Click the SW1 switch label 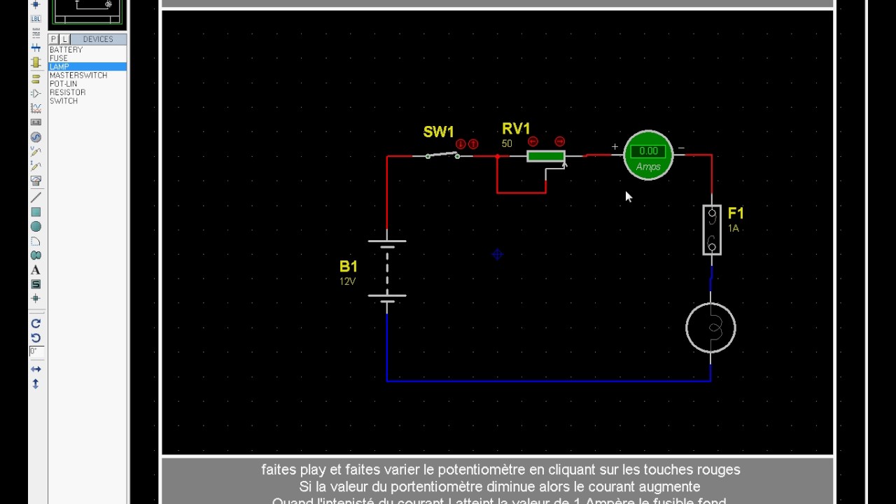(438, 132)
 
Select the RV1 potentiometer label (516, 129)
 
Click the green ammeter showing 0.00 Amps (647, 155)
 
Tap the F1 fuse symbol (712, 230)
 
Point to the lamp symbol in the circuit (710, 328)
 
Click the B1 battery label (349, 267)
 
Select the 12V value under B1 (347, 281)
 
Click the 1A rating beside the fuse (734, 229)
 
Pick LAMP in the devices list (59, 67)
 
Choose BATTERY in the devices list (66, 50)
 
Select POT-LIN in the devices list (64, 84)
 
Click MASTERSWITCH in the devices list (78, 76)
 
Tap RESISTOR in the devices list (68, 92)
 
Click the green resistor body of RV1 (546, 156)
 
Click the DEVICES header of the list (98, 39)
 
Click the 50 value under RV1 (507, 144)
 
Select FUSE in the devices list (59, 59)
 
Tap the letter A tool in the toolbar (36, 270)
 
